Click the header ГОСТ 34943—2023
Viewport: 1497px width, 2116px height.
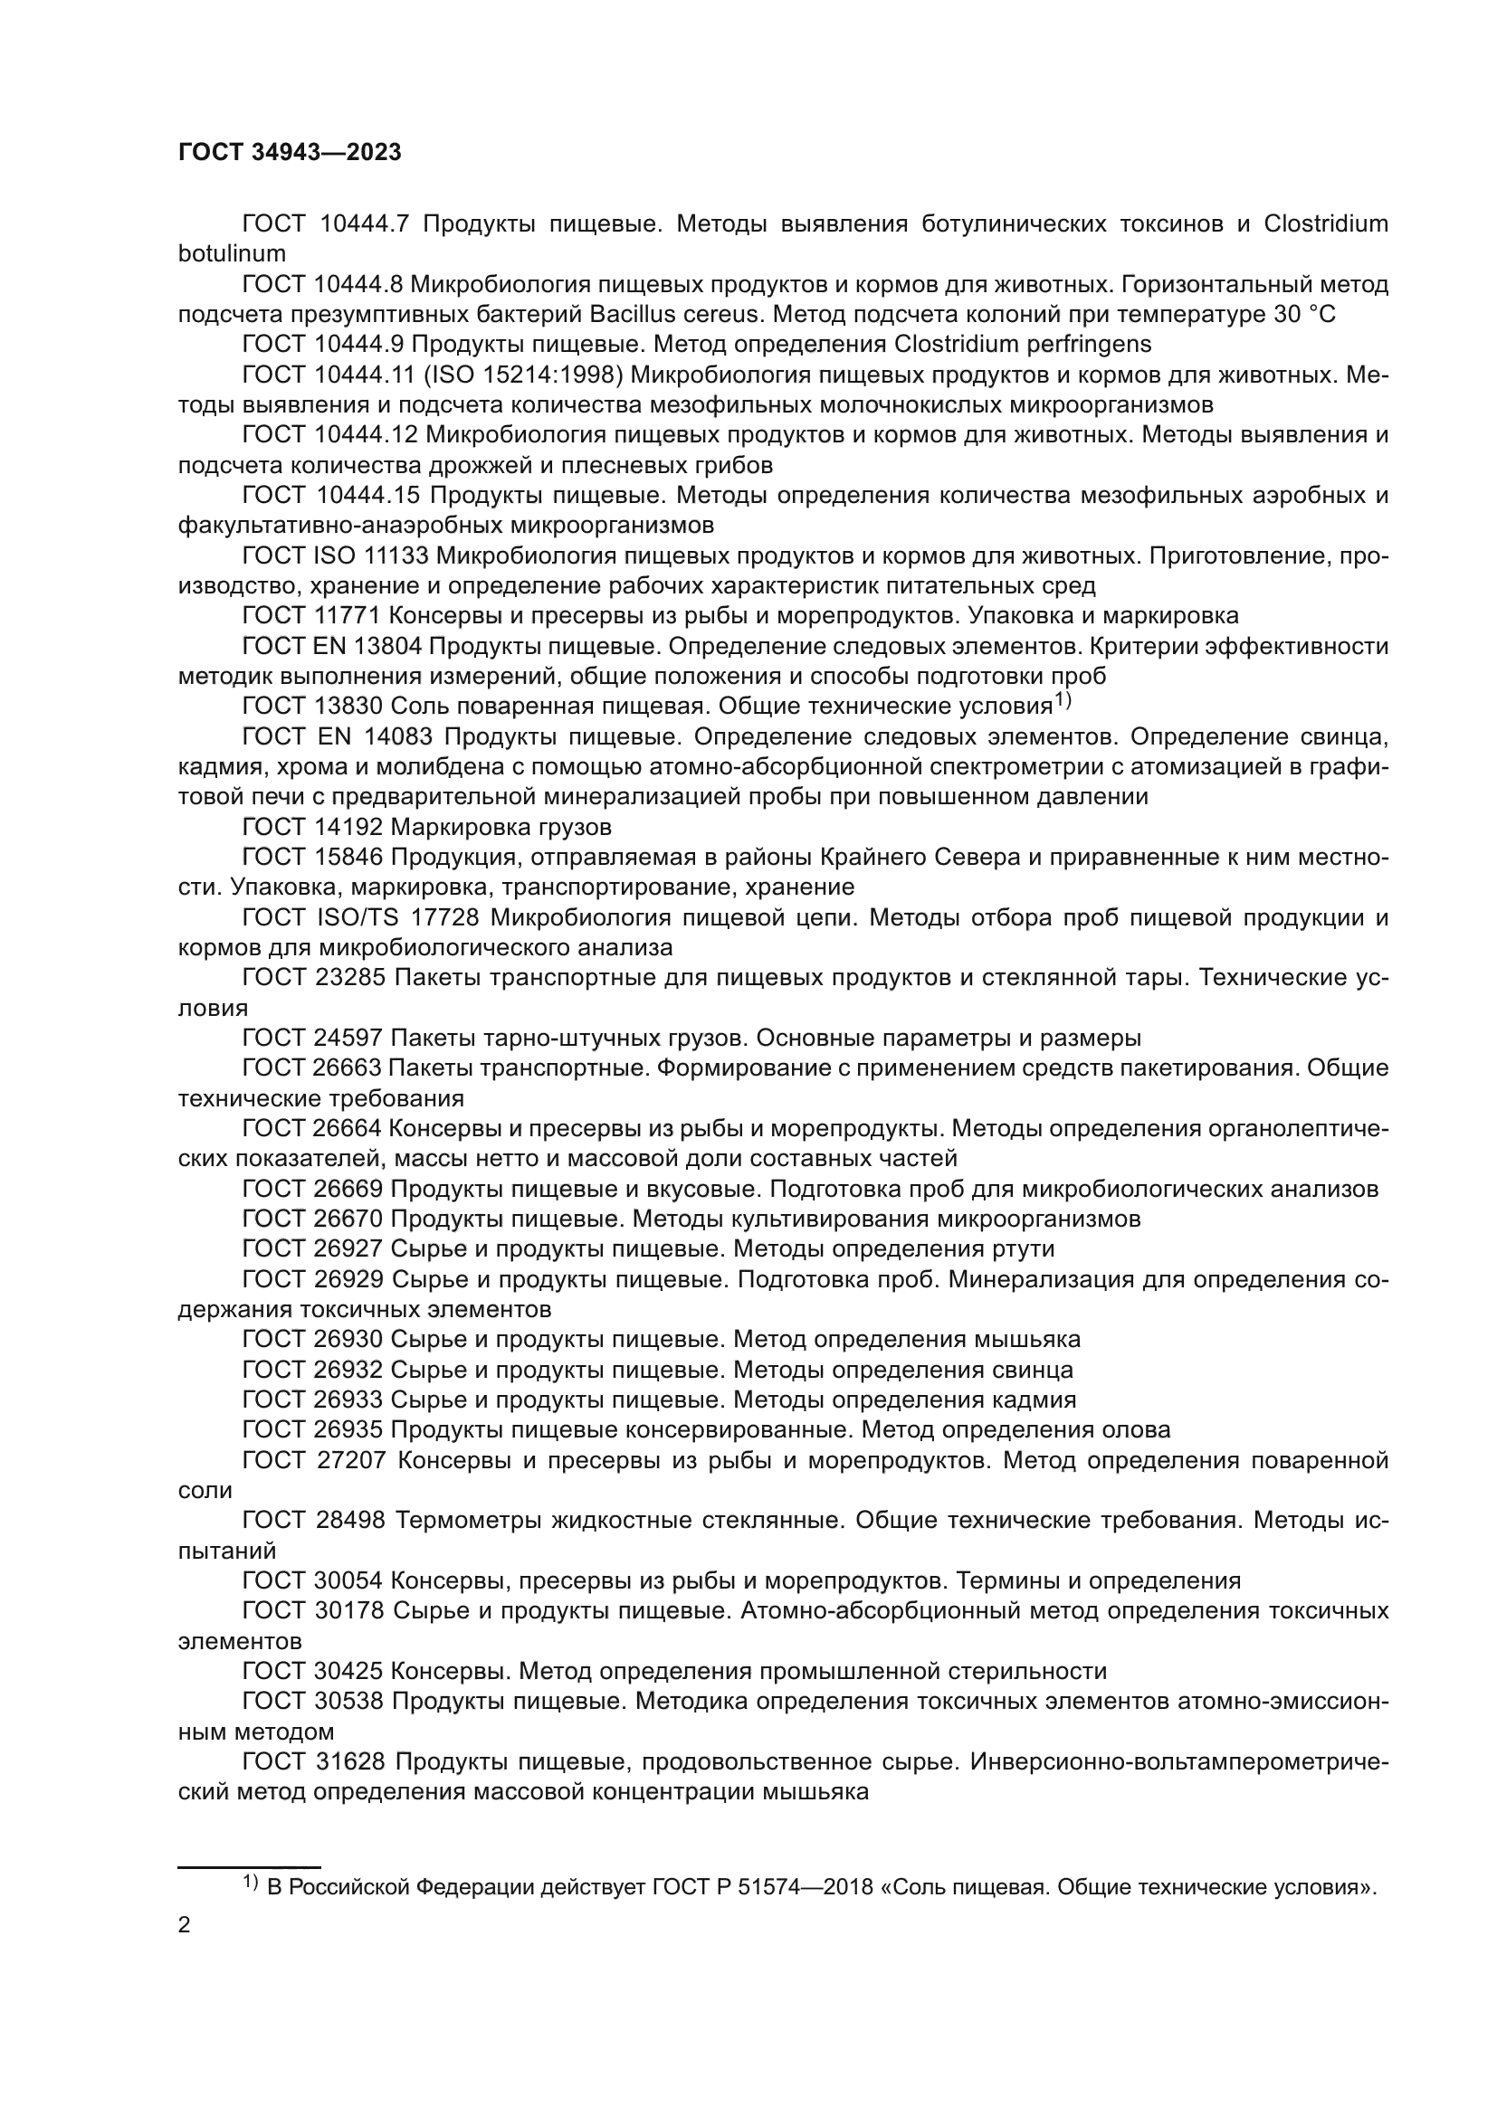290,153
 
